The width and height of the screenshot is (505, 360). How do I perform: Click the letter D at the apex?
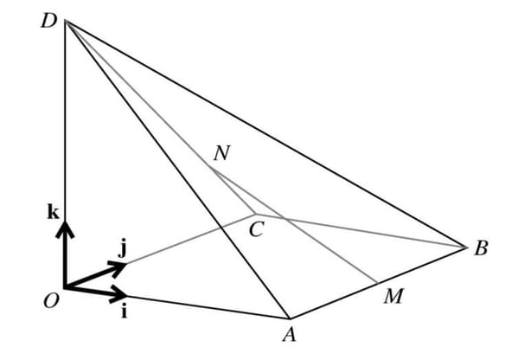[48, 20]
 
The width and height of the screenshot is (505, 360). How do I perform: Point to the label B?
[481, 249]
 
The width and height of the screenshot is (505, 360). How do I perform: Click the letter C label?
[256, 230]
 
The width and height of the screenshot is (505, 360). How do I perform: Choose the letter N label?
[222, 153]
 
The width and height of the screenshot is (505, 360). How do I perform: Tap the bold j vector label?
[123, 249]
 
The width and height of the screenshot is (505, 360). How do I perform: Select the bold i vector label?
[124, 312]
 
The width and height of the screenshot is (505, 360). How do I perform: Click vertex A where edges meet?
[289, 318]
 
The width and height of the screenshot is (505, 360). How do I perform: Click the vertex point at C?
[252, 212]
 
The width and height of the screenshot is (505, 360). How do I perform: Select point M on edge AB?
[377, 282]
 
